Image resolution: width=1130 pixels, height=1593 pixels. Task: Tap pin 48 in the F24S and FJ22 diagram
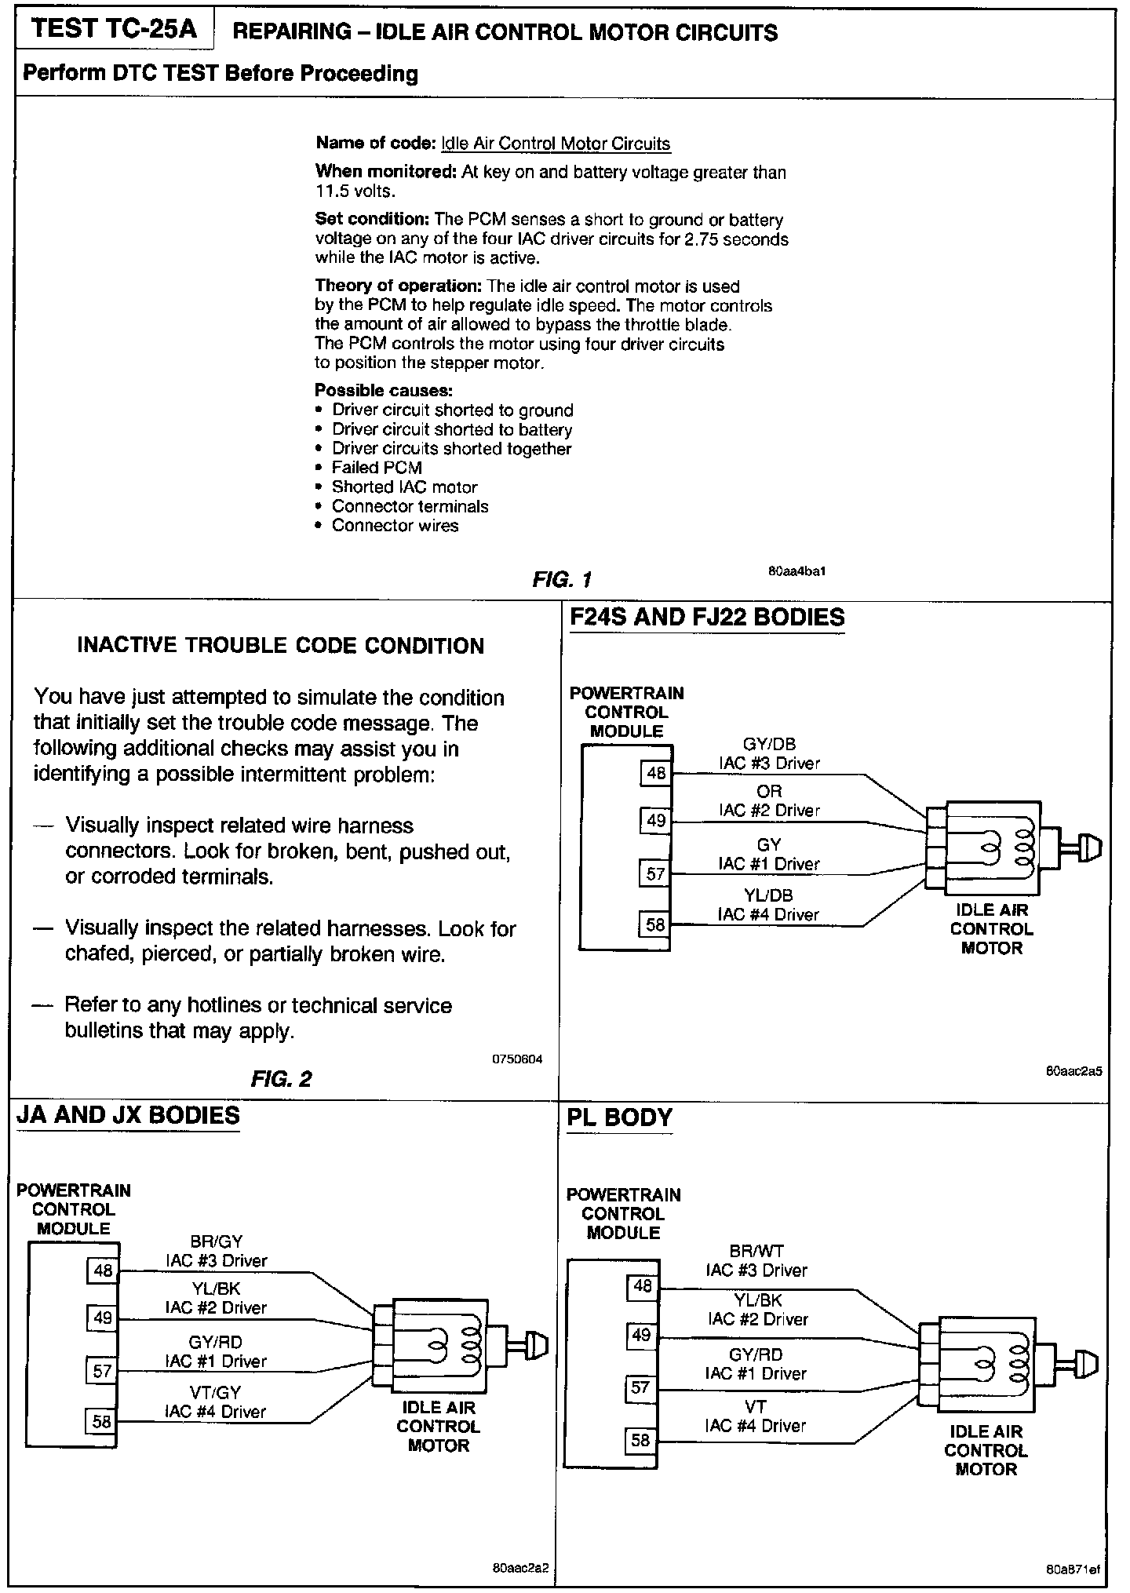pos(656,774)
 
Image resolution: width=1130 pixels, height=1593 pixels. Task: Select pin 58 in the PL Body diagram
pos(641,1440)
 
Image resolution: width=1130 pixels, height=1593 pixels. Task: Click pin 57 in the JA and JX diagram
pos(103,1371)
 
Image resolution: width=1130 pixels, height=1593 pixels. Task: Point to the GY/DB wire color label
pos(769,744)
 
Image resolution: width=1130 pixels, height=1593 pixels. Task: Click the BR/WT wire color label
pos(756,1252)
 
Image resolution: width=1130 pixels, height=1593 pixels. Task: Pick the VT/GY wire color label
pos(215,1392)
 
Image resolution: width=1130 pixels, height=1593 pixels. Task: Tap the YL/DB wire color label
pos(768,895)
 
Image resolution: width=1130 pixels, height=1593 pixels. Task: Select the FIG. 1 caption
pos(561,580)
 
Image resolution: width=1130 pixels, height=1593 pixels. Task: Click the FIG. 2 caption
pos(281,1079)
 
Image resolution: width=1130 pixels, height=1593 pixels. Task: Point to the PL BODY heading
pos(619,1117)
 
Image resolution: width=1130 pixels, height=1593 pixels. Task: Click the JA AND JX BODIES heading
pos(128,1115)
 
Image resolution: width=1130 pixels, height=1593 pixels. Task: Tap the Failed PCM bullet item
pos(377,468)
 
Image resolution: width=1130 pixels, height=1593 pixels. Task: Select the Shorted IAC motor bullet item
pos(404,487)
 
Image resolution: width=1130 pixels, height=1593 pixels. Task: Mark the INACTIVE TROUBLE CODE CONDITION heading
pos(281,646)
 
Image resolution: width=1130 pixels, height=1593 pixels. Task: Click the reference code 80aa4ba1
pos(796,571)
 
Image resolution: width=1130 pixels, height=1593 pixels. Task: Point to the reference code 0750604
pos(517,1059)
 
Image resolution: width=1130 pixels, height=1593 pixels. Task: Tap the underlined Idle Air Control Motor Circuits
pos(556,144)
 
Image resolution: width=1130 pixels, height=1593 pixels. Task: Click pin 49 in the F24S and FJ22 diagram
pos(656,821)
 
